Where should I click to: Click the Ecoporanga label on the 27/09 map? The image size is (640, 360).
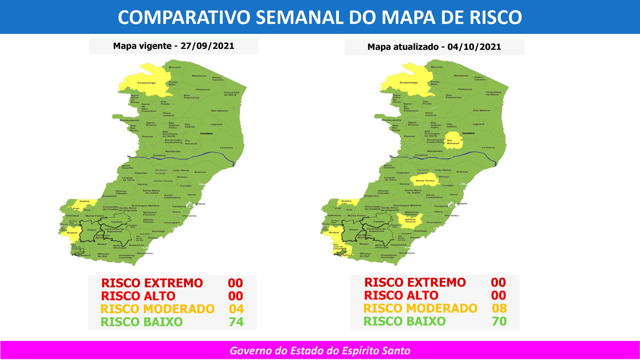pos(147,83)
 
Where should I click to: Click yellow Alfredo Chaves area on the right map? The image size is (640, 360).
pos(410,220)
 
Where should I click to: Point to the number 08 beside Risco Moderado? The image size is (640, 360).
pos(499,308)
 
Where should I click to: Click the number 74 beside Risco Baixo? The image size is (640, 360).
pos(236,322)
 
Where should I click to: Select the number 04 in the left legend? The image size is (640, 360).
pos(236,309)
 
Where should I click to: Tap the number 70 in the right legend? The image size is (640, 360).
pos(499,321)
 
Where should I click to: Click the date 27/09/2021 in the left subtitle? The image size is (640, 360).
pos(207,46)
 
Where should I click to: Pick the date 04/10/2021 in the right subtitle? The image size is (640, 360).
pos(474,47)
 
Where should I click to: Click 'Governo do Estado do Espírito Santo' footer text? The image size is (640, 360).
pos(320,351)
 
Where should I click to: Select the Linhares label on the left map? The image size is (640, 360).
pos(226,148)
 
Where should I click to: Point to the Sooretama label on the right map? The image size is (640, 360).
pos(468,133)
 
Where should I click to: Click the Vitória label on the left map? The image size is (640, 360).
pos(200,204)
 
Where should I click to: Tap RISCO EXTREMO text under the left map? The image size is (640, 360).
pos(152,283)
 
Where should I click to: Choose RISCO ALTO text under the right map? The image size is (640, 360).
pos(401,295)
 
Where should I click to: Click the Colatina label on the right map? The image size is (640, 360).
pos(421,155)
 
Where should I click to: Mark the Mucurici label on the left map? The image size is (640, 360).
pos(175,67)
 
